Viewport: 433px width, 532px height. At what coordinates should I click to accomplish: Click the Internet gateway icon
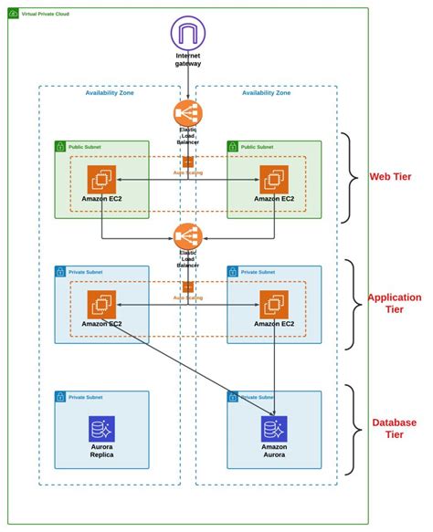click(x=187, y=35)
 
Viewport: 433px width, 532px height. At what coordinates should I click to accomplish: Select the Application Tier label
click(x=394, y=303)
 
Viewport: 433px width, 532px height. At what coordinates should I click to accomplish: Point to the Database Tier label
click(x=394, y=428)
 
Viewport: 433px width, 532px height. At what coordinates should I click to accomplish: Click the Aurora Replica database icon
click(x=101, y=429)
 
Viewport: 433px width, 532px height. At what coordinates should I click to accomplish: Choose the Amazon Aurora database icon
click(x=274, y=429)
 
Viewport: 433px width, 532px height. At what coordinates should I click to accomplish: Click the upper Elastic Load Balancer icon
click(x=187, y=114)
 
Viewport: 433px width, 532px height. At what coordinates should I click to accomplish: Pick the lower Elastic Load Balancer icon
click(x=187, y=237)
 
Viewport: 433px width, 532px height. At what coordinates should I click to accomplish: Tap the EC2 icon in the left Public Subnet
click(x=101, y=179)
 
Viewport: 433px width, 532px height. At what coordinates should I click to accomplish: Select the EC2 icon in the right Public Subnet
click(x=274, y=179)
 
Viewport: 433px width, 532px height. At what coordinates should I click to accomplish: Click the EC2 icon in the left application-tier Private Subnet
click(x=101, y=304)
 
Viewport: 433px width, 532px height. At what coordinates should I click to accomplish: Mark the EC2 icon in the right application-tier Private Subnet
click(x=274, y=304)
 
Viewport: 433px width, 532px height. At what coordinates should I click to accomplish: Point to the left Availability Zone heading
click(x=111, y=93)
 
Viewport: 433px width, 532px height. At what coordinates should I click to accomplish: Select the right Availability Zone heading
click(x=267, y=93)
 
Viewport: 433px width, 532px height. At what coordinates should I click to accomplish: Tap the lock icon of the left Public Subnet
click(x=61, y=146)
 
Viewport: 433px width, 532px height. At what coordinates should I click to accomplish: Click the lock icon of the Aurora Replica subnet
click(x=61, y=397)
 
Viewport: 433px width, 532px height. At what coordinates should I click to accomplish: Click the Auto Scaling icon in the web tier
click(x=187, y=162)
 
